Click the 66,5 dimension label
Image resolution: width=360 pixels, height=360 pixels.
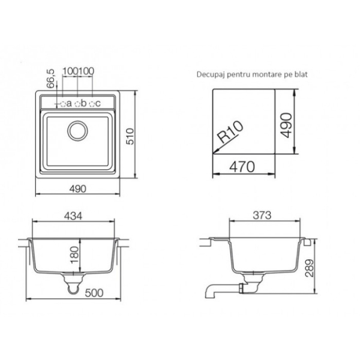(x=51, y=79)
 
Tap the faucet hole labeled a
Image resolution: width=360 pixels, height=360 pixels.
(x=62, y=104)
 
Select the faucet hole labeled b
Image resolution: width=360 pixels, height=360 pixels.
(x=77, y=104)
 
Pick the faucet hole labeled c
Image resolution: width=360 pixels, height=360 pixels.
(x=92, y=104)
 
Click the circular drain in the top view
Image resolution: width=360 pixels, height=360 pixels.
(x=77, y=131)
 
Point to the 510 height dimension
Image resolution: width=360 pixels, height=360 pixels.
(x=130, y=136)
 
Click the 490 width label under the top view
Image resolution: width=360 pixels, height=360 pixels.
(x=78, y=189)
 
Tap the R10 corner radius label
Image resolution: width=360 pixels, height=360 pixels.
(x=230, y=131)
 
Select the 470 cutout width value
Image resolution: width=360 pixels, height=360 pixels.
(x=242, y=167)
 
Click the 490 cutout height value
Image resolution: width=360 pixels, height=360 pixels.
(x=287, y=125)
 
